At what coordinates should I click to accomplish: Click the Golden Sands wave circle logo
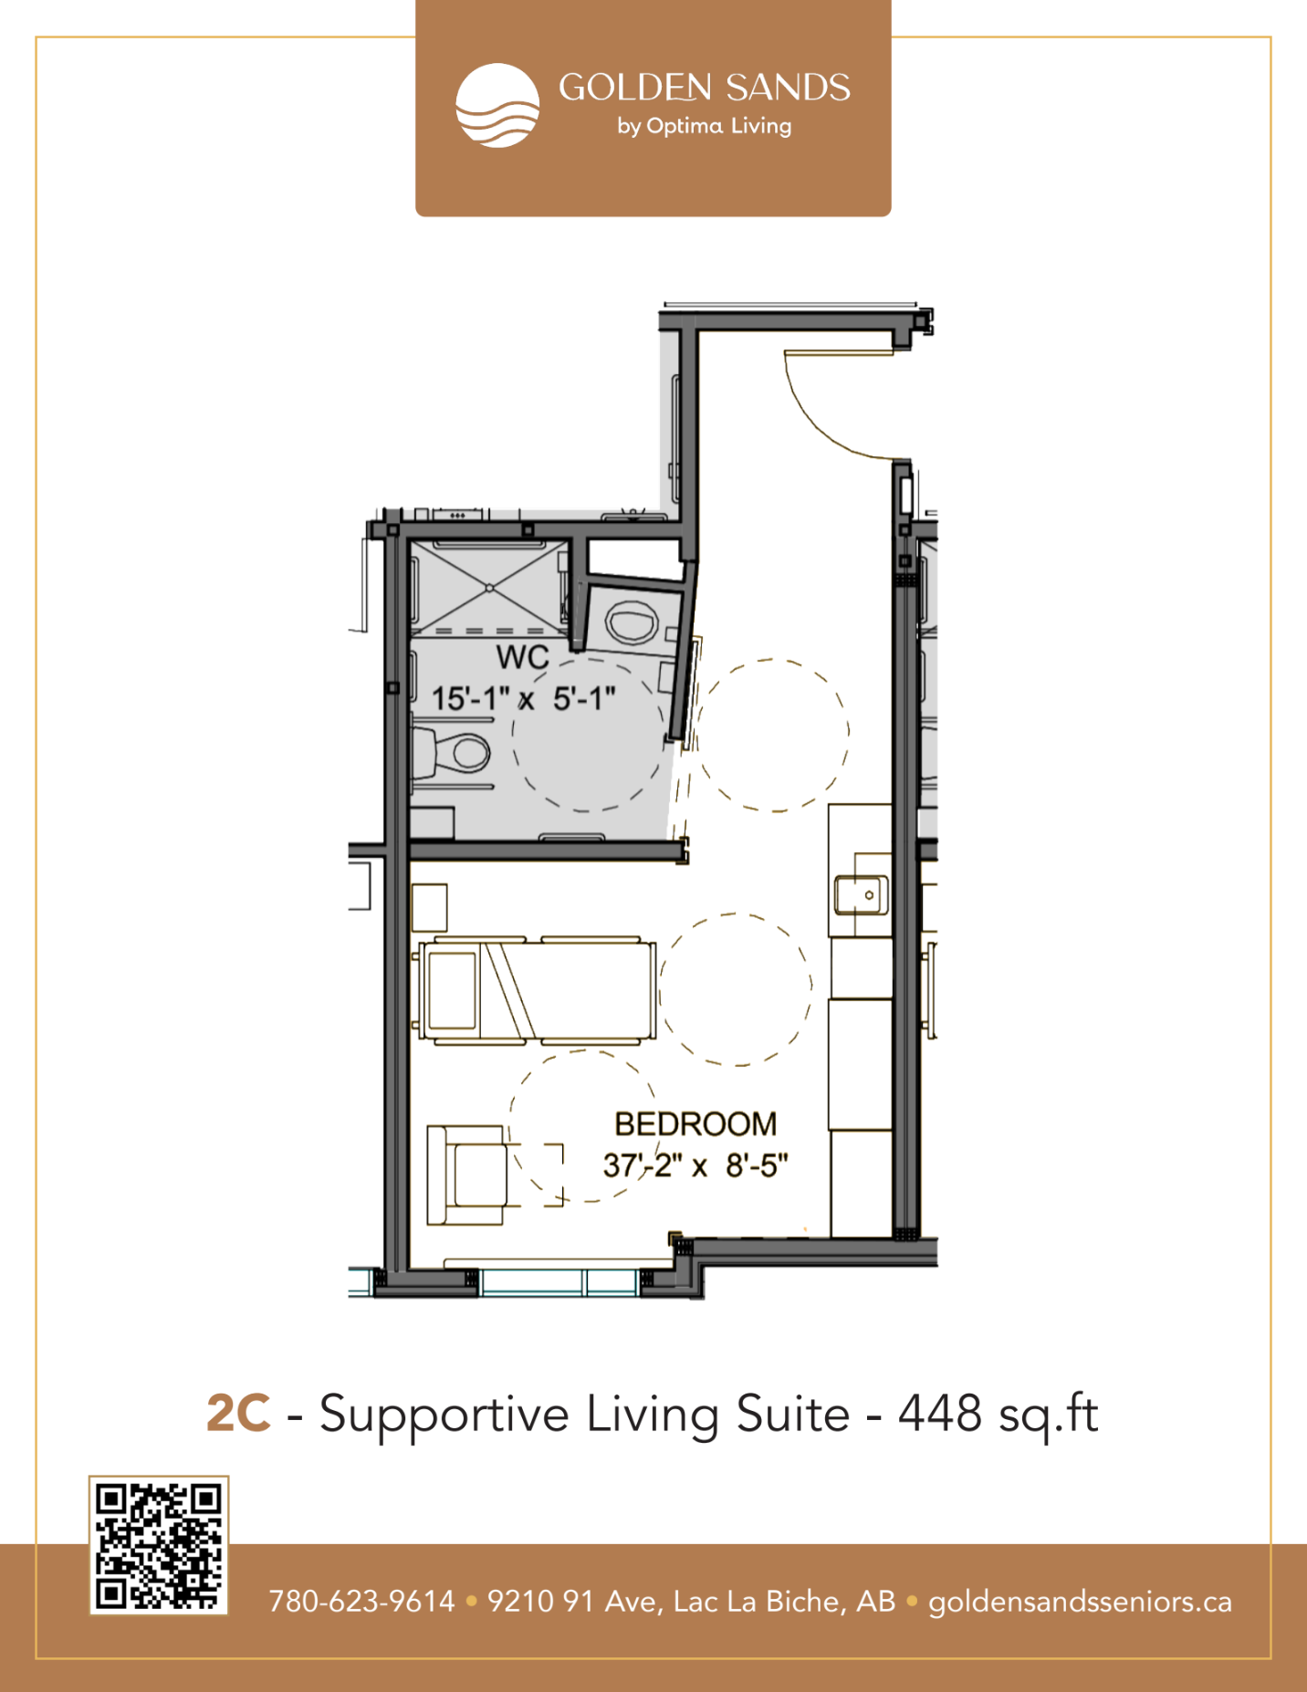click(x=497, y=105)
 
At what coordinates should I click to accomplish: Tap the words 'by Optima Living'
click(x=704, y=126)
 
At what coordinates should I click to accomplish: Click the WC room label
click(x=523, y=657)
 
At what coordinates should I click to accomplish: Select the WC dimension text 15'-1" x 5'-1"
click(x=523, y=699)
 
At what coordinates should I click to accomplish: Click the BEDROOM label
click(x=695, y=1124)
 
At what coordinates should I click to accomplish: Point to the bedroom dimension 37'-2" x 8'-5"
click(x=695, y=1165)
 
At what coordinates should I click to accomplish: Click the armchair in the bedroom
click(x=466, y=1175)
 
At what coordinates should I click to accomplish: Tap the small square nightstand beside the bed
click(x=429, y=907)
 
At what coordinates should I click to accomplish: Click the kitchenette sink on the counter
click(x=861, y=894)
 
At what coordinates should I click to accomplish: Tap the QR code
click(x=159, y=1545)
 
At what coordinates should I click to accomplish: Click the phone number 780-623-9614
click(x=361, y=1602)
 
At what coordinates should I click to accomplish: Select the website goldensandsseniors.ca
click(x=1080, y=1603)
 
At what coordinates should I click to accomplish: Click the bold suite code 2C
click(x=239, y=1414)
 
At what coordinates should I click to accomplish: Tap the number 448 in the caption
click(x=940, y=1414)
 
